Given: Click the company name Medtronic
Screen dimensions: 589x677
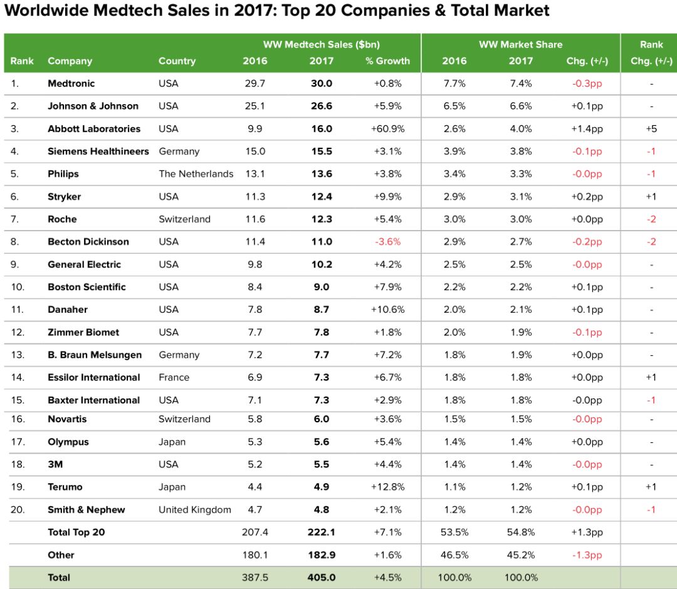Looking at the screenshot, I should pyautogui.click(x=71, y=83).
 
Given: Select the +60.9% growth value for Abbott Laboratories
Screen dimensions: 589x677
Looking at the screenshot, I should pyautogui.click(x=387, y=128).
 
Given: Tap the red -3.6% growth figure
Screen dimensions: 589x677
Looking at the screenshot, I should pyautogui.click(x=387, y=241).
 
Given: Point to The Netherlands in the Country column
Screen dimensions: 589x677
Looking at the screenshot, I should pyautogui.click(x=196, y=174).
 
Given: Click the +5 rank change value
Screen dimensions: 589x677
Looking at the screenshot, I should pyautogui.click(x=651, y=128).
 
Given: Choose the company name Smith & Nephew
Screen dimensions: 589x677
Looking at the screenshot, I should pyautogui.click(x=86, y=509).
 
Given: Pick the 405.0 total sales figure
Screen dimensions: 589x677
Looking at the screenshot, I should pyautogui.click(x=321, y=577).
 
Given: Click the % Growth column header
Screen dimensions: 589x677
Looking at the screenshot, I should pyautogui.click(x=387, y=61).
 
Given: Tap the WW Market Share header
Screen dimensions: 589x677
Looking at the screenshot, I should pyautogui.click(x=520, y=44).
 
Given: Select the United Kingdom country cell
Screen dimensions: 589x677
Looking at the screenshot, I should pyautogui.click(x=194, y=509).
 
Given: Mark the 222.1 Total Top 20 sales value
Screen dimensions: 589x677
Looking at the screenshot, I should pyautogui.click(x=321, y=532).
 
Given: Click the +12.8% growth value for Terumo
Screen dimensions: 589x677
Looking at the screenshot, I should pyautogui.click(x=387, y=487).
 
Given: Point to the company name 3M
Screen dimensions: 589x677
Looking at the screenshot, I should pyautogui.click(x=55, y=464).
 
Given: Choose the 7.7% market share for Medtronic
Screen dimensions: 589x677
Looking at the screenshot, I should pyautogui.click(x=454, y=83).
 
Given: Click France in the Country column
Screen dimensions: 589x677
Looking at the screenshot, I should pyautogui.click(x=174, y=377).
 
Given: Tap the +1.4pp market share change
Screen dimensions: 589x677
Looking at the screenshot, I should pyautogui.click(x=587, y=128).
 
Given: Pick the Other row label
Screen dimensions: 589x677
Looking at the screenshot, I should pyautogui.click(x=61, y=555).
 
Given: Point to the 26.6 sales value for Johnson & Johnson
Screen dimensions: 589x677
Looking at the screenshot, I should pyautogui.click(x=321, y=106).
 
